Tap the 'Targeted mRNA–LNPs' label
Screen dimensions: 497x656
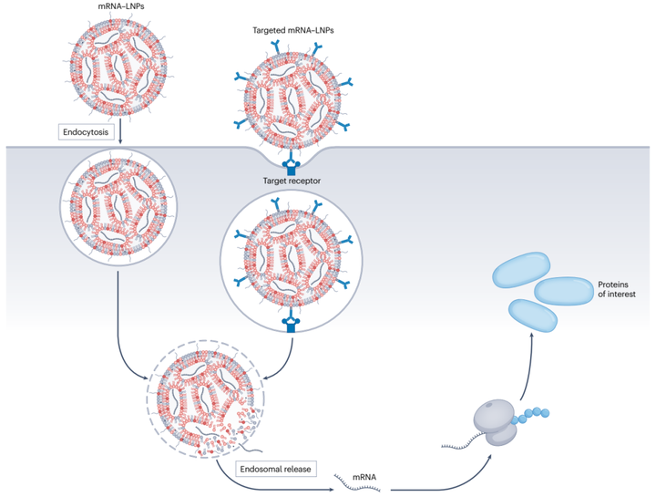(292, 30)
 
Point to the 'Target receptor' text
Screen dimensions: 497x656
(292, 181)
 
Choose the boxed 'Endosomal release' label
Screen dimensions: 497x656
(272, 470)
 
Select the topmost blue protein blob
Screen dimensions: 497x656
(524, 268)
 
